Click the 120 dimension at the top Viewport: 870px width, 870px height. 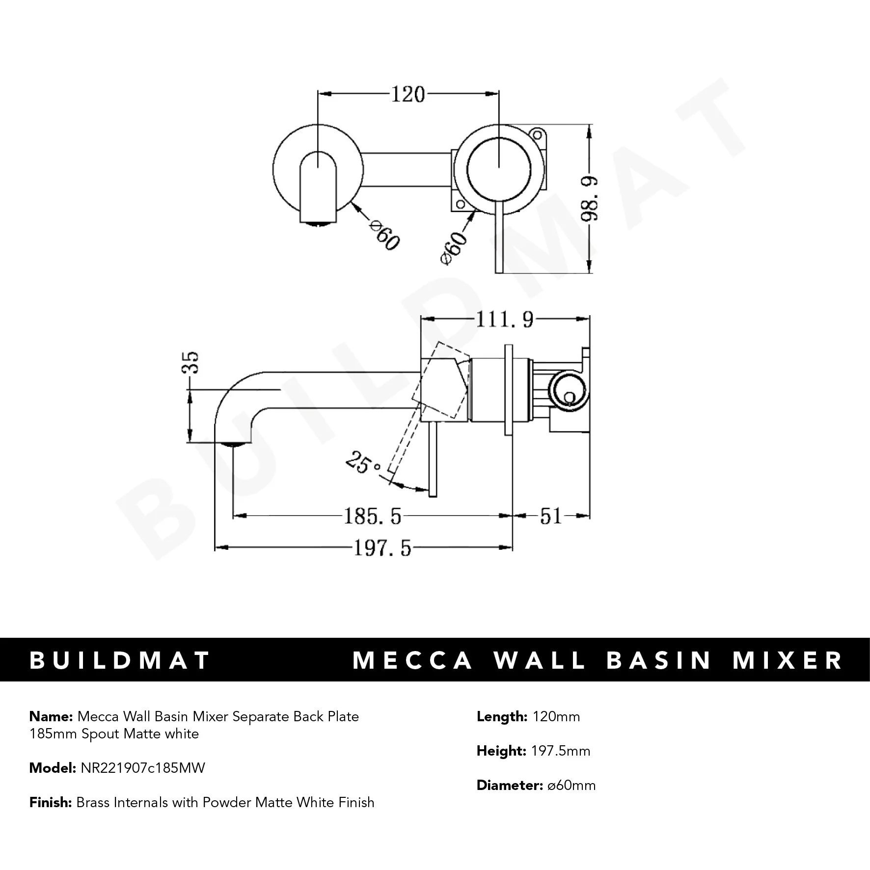tap(408, 94)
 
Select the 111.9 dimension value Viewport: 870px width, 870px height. tap(504, 320)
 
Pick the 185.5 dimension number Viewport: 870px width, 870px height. tap(372, 516)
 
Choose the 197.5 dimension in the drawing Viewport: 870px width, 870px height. tap(382, 548)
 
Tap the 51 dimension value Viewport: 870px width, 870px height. tap(550, 516)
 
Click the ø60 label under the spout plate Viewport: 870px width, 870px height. tap(384, 236)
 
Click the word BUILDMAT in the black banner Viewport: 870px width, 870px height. tap(120, 660)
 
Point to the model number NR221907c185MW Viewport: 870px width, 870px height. tap(142, 768)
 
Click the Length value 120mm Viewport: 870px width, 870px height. tap(556, 716)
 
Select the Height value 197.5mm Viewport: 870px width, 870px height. tap(561, 751)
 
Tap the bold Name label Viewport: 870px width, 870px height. tap(51, 716)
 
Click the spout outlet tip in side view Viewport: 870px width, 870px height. tap(234, 443)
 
